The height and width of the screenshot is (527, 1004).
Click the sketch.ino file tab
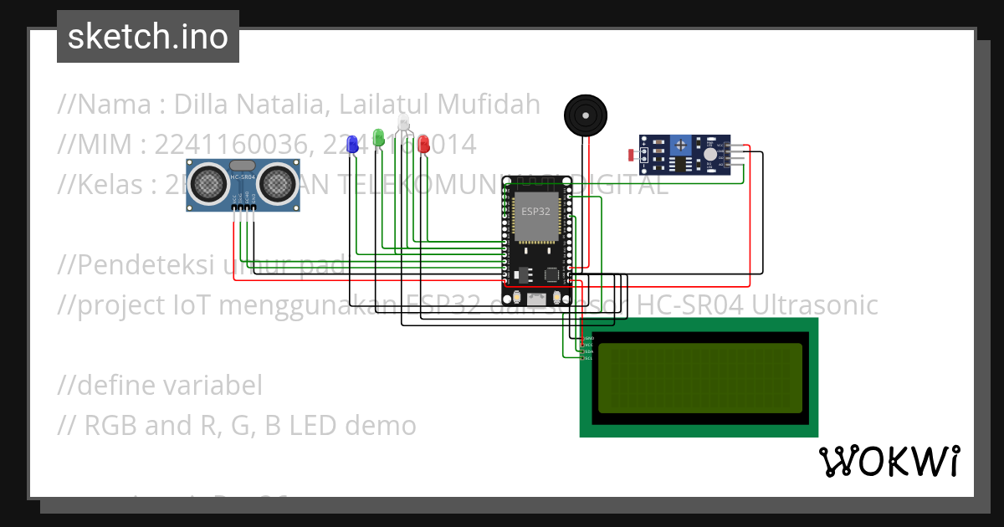[x=148, y=37]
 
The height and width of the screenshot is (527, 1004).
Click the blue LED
[x=353, y=144]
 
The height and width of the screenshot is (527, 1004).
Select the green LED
[x=378, y=137]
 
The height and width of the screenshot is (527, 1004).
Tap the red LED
[x=423, y=143]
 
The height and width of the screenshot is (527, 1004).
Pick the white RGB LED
[x=403, y=123]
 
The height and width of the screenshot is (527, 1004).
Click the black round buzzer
[x=583, y=115]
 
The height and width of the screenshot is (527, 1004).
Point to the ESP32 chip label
[x=536, y=211]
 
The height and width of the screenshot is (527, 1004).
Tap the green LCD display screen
[x=699, y=376]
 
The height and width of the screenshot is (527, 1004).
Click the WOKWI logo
[x=889, y=461]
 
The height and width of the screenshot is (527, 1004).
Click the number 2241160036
[x=229, y=145]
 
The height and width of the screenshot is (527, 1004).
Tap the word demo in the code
[x=383, y=426]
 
